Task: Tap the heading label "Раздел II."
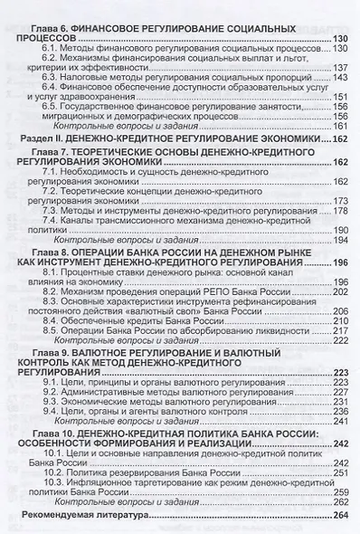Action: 40,139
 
